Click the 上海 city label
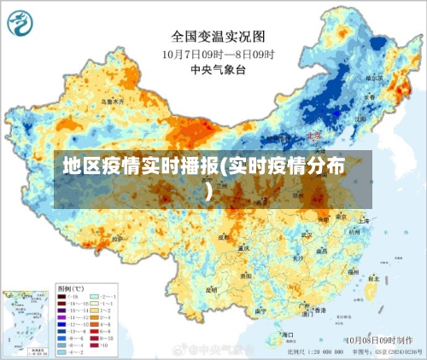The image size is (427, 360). tap(364, 219)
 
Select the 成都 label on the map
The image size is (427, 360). tap(224, 238)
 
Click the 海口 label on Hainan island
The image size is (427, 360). tap(287, 335)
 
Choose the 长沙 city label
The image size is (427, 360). tap(296, 257)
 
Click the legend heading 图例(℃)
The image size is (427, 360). tap(71, 287)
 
